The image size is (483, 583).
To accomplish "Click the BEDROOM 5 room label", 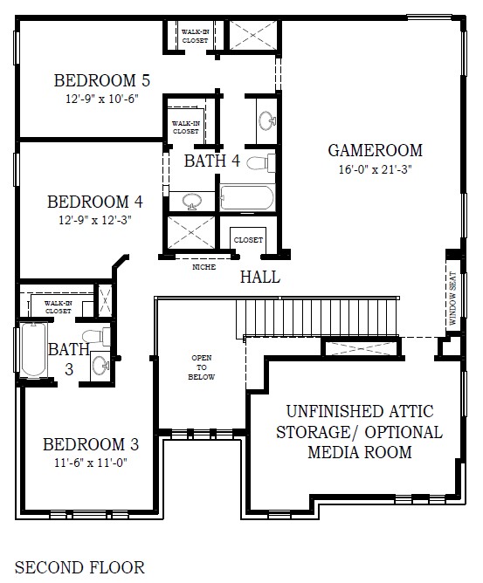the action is tap(102, 80).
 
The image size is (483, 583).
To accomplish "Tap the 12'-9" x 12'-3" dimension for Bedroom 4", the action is tap(95, 220).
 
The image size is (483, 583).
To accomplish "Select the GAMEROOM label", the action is tap(375, 151).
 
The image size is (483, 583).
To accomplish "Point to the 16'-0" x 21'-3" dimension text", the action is tap(375, 169).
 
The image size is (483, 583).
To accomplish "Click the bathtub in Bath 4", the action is tap(247, 198).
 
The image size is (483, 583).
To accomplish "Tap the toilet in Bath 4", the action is tap(261, 163).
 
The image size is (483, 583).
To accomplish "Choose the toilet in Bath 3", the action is tap(96, 337).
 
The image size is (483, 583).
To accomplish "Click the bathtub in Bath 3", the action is tap(34, 350).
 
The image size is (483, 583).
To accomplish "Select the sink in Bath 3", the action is tap(100, 365).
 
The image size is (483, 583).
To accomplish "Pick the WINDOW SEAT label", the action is tap(452, 298).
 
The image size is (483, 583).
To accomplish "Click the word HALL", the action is tap(260, 277).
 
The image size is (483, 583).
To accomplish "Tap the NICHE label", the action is tap(204, 267).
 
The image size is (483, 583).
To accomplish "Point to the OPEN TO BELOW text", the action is tap(201, 367).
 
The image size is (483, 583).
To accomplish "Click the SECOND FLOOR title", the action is tap(79, 567).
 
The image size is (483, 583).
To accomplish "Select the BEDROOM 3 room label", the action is tap(91, 445).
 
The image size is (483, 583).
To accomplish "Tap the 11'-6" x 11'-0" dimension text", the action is tap(91, 463).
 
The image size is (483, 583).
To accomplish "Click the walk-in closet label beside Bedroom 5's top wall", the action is tap(195, 36).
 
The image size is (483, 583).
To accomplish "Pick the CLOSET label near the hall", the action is tap(248, 240).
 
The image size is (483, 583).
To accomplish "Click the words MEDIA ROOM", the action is tap(360, 452).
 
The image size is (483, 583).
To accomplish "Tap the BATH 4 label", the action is tap(212, 161).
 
